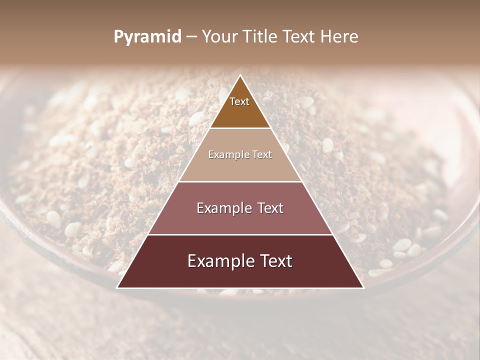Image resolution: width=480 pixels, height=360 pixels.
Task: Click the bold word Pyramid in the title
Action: click(147, 37)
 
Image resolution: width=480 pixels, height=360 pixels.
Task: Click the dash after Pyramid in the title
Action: click(191, 37)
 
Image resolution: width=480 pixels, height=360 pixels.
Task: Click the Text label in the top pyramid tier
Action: click(239, 101)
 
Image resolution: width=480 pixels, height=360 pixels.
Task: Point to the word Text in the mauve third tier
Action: click(268, 208)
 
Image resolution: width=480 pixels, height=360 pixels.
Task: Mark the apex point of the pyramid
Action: click(240, 75)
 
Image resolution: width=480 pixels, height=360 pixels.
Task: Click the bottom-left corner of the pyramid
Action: click(117, 288)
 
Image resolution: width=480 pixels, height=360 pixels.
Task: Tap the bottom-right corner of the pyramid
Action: click(363, 288)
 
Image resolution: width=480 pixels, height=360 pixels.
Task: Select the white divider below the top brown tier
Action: click(240, 128)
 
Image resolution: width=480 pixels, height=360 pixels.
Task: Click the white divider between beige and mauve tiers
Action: click(240, 181)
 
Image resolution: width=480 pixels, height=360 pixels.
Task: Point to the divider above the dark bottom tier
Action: click(240, 234)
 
